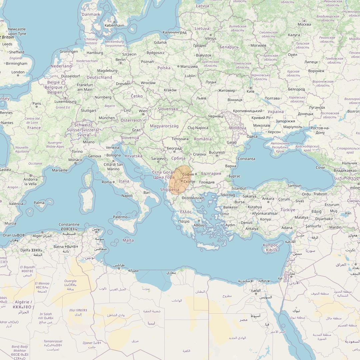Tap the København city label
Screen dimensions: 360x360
pyautogui.click(x=114, y=25)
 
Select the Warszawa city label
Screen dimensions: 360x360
pyautogui.click(x=189, y=66)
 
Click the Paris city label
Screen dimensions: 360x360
pyautogui.click(x=37, y=104)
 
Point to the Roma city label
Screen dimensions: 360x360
pyautogui.click(x=107, y=182)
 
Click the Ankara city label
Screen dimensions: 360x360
pyautogui.click(x=268, y=199)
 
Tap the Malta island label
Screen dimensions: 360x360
pyautogui.click(x=128, y=240)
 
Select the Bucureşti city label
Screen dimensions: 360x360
pyautogui.click(x=217, y=153)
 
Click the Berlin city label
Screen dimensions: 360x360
pyautogui.click(x=120, y=60)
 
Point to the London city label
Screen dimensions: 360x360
pyautogui.click(x=18, y=72)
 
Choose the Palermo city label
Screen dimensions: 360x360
pyautogui.click(x=120, y=217)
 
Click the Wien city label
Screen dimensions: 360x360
pyautogui.click(x=143, y=111)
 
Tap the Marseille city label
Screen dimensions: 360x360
pyautogui.click(x=60, y=170)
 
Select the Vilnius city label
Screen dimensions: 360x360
pyautogui.click(x=211, y=38)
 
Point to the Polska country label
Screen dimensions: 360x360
pyautogui.click(x=164, y=68)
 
